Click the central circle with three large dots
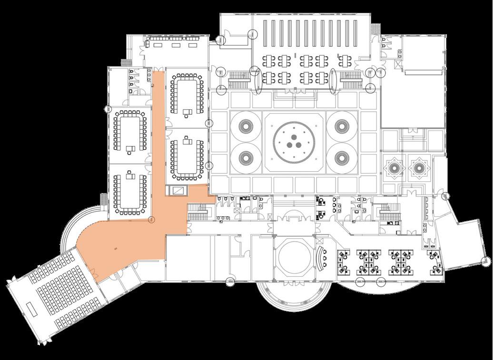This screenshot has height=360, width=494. coord(294,141)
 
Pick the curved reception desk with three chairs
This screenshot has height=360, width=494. coord(321,259)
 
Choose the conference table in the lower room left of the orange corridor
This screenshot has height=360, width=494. coord(129,193)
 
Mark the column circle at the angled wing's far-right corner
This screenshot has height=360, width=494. coord(486,260)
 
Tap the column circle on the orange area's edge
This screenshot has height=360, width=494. coord(152,220)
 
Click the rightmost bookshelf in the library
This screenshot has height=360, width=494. coord(359,36)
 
